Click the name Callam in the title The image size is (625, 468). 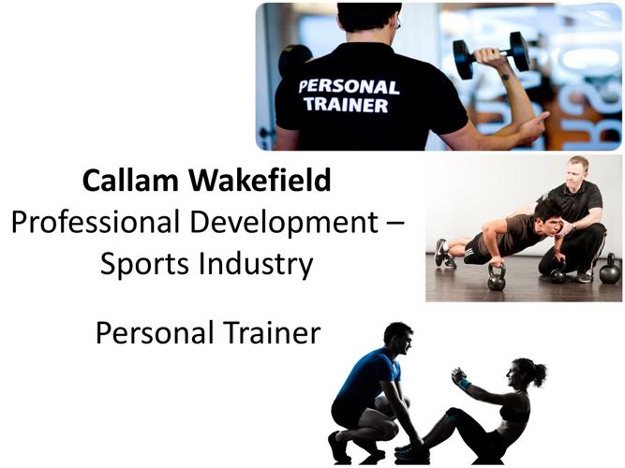click(130, 180)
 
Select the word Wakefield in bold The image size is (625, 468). click(260, 180)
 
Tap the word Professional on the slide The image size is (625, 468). click(96, 222)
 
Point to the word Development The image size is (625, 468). click(284, 223)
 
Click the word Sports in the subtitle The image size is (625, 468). click(144, 265)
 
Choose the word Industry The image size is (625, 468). click(256, 265)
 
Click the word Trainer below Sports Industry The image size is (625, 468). click(272, 333)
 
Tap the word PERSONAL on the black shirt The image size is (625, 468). click(350, 87)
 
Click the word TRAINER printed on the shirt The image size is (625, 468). click(346, 104)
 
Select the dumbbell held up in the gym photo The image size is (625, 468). click(491, 54)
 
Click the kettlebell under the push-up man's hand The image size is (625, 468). click(497, 277)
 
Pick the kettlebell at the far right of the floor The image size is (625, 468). click(610, 269)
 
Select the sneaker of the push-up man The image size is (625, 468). click(440, 252)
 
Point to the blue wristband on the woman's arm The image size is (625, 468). click(465, 384)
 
